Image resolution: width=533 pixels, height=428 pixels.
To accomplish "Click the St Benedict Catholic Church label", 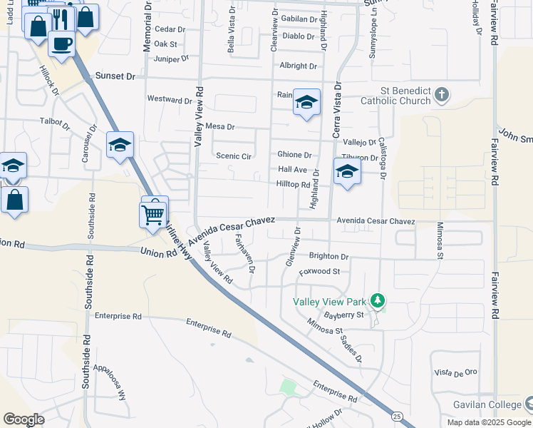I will coord(405,96).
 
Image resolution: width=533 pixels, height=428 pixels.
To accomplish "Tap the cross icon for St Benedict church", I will coord(442,93).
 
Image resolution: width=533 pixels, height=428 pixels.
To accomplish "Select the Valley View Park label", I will coord(333,301).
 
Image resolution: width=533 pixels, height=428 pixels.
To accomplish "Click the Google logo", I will coord(24,419).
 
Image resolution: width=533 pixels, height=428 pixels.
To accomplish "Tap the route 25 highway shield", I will coord(397,415).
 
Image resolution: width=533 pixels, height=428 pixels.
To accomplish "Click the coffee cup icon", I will coord(61,43).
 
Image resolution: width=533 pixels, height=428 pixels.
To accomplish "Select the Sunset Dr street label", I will coord(115,76).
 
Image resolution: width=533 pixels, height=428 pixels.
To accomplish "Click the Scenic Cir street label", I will coord(234,156).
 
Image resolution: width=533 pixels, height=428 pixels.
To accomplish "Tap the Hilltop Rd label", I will coord(293,184).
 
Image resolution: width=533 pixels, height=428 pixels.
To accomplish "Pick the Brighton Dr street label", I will coord(328,256).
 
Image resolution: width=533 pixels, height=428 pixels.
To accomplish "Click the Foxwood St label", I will coord(319,272).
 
